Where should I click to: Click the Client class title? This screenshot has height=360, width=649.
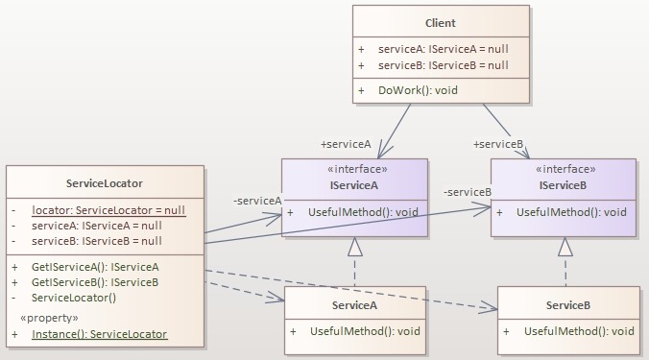click(441, 22)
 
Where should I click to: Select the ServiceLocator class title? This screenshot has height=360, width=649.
click(106, 182)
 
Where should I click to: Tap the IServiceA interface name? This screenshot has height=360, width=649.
click(353, 183)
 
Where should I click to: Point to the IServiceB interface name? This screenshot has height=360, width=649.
click(564, 183)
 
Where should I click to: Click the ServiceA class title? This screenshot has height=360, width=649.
click(354, 304)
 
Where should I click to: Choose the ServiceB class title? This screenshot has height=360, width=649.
click(567, 304)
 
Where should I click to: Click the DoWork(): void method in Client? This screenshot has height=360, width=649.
click(418, 89)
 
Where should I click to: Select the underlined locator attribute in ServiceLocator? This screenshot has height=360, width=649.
click(108, 209)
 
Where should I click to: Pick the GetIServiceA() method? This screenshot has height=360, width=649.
click(95, 266)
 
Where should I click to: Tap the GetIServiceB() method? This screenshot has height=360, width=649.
click(95, 282)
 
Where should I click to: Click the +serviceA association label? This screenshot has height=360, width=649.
click(346, 144)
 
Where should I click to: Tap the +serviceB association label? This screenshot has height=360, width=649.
click(498, 144)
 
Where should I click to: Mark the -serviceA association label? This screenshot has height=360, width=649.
click(256, 200)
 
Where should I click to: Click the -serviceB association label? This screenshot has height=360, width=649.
click(467, 192)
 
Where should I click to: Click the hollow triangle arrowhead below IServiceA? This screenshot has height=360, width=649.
click(354, 247)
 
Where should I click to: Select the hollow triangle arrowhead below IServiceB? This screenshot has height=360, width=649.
click(565, 247)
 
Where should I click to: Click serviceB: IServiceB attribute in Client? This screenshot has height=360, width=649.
click(443, 65)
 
